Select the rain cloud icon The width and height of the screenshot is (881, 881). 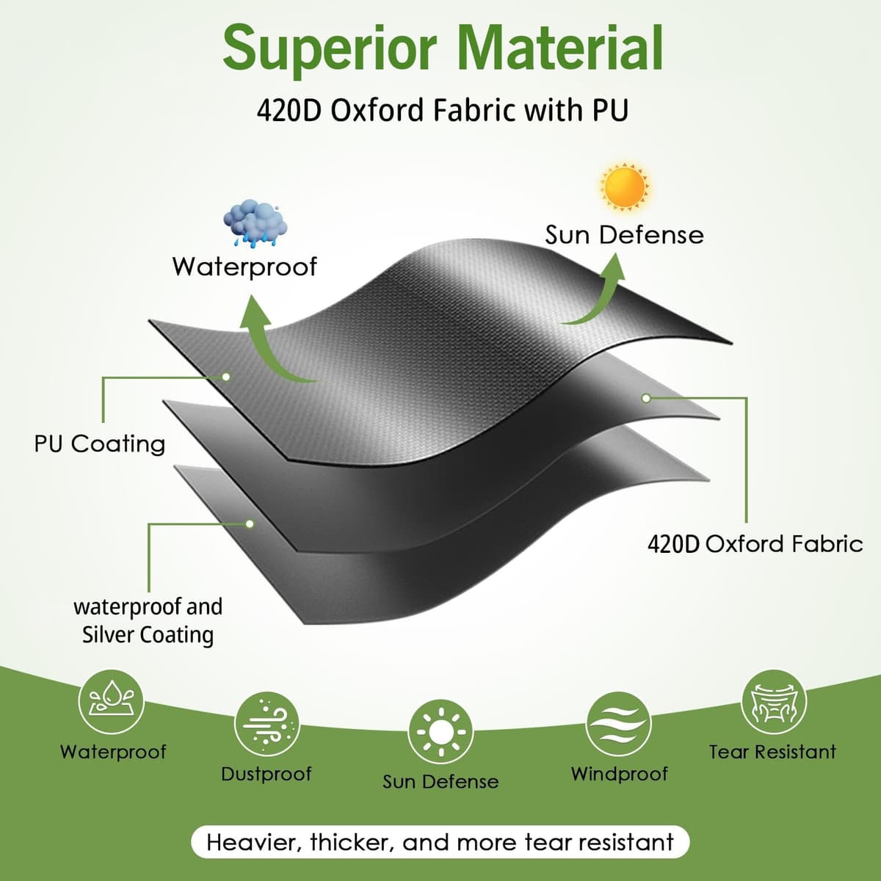(x=255, y=224)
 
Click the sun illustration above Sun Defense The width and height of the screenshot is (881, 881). (x=625, y=186)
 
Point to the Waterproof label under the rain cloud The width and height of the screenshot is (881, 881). (x=244, y=267)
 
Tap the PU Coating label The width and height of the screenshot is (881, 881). (x=100, y=443)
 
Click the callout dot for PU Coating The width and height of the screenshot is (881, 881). (x=226, y=377)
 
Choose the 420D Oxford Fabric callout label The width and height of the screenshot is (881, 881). (x=755, y=544)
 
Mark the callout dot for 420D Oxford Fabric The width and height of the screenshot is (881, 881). (x=646, y=398)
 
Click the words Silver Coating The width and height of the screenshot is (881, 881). (x=148, y=635)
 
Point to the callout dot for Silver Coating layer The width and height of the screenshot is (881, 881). (x=250, y=523)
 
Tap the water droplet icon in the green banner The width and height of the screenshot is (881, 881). (x=111, y=702)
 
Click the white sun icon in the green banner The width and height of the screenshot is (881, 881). (x=441, y=732)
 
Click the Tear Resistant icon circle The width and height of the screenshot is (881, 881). (x=773, y=702)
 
